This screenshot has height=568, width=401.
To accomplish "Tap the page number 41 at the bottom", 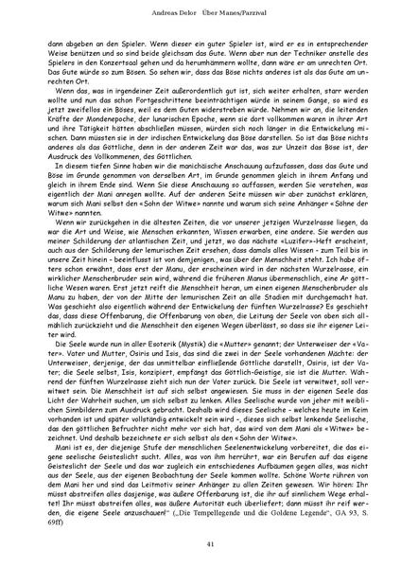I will click(x=200, y=542).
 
